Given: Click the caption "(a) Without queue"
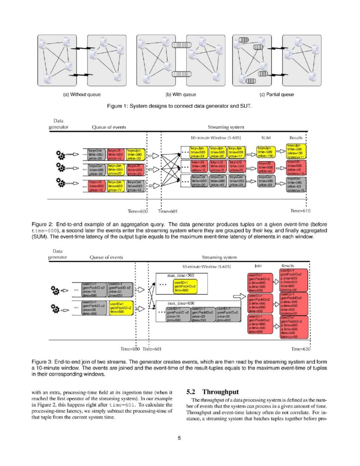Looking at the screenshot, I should tap(82, 94).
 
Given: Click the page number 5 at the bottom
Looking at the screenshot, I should tap(180, 438).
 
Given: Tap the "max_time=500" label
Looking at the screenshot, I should tap(181, 276).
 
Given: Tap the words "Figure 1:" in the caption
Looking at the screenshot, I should tap(120, 105).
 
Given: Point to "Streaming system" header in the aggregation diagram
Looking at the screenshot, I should tap(226, 127).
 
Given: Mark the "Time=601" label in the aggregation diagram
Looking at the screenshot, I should tap(168, 211).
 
